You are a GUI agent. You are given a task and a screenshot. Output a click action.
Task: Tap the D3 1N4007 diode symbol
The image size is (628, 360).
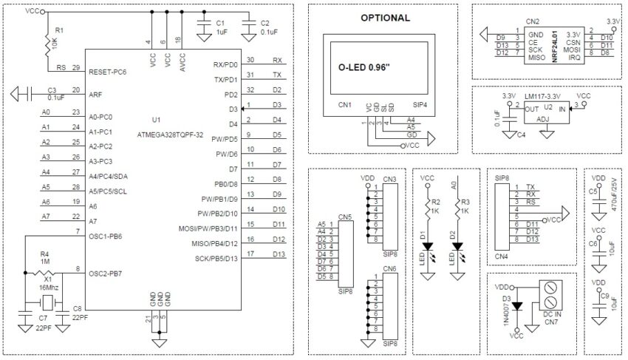pos(517,305)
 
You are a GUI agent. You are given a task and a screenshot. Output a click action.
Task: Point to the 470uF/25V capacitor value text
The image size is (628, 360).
pos(613,195)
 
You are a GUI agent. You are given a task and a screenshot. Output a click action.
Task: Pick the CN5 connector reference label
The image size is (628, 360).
pos(344,217)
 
